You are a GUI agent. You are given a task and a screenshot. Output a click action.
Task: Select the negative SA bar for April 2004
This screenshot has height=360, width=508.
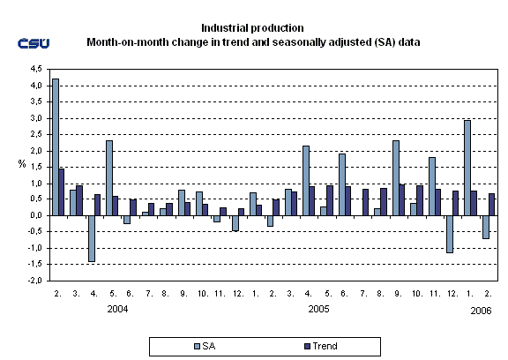(x=91, y=238)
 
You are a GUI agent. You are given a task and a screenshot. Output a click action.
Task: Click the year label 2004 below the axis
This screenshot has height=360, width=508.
(x=118, y=311)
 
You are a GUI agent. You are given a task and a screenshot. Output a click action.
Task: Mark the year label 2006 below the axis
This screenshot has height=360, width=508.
(x=479, y=311)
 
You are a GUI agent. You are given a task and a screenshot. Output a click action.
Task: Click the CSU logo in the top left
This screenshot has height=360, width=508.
(x=33, y=44)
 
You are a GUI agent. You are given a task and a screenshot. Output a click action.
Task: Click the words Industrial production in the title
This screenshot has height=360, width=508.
(x=253, y=29)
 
